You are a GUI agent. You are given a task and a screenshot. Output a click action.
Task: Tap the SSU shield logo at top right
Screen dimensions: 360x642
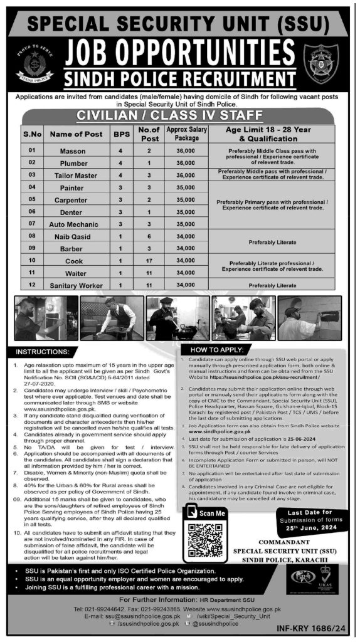click(322, 63)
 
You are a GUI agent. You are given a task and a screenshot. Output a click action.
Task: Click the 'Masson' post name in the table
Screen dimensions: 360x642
click(73, 151)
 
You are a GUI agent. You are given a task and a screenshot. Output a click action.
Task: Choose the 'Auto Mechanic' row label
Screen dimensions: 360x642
click(73, 224)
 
